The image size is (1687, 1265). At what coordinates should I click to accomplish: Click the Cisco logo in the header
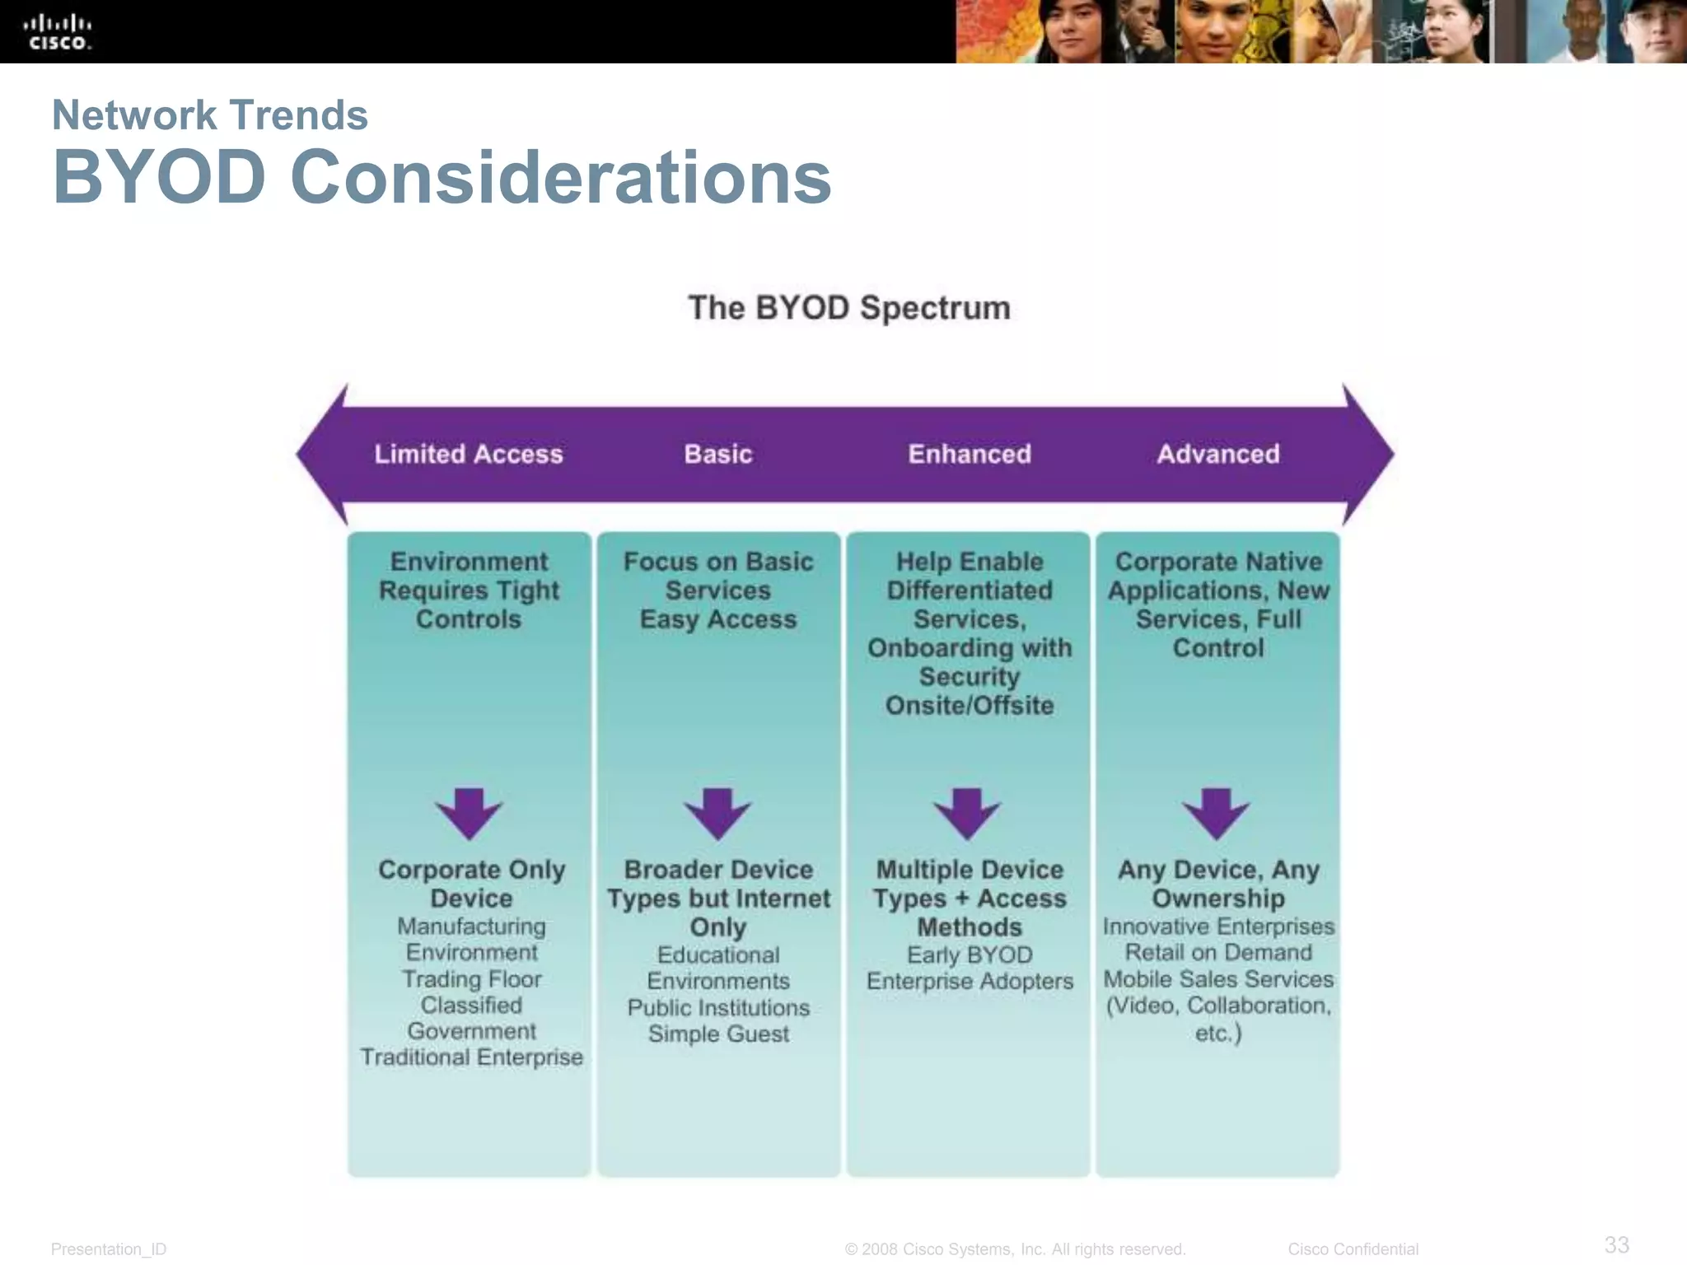tap(57, 32)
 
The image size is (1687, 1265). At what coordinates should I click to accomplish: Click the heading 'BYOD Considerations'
tap(442, 177)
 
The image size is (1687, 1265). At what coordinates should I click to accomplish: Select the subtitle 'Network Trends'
tap(209, 114)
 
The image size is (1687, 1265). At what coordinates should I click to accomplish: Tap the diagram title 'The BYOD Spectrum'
tap(849, 308)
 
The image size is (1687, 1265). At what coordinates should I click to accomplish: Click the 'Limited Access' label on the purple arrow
tap(468, 454)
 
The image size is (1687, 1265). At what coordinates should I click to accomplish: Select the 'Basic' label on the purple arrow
tap(718, 454)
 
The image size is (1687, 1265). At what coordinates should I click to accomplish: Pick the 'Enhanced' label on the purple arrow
tap(970, 454)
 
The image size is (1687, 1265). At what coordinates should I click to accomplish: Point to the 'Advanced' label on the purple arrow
tap(1218, 454)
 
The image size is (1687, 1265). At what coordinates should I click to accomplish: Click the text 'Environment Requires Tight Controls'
tap(469, 590)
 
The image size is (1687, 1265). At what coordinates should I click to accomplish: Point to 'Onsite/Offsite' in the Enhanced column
tap(970, 706)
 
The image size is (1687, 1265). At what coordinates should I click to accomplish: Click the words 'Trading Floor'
tap(471, 979)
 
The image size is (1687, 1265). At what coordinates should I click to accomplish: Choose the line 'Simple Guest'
tap(718, 1034)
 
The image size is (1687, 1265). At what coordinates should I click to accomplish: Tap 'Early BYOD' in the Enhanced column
tap(970, 955)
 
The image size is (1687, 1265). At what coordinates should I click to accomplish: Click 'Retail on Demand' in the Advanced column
tap(1218, 953)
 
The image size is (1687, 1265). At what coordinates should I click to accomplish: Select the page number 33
tap(1616, 1244)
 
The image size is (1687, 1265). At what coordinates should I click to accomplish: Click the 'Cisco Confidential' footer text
tap(1353, 1249)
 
